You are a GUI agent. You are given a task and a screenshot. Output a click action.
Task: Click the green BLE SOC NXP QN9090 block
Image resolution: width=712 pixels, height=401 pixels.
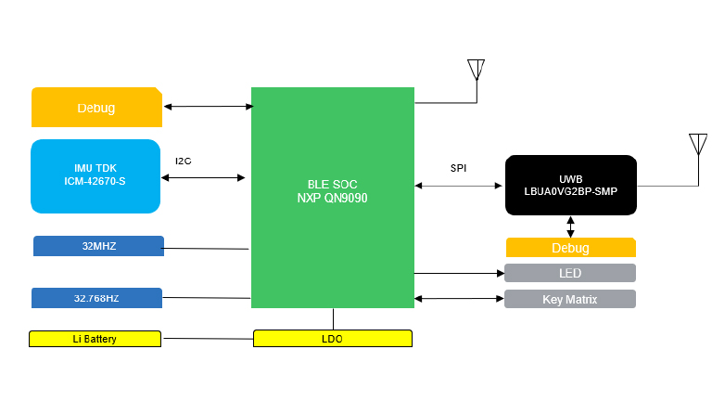point(332,197)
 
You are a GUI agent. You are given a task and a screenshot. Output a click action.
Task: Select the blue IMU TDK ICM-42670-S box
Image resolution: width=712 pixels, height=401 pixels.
point(95,175)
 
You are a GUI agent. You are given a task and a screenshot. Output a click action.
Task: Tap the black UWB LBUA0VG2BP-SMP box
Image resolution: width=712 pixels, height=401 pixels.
point(570,185)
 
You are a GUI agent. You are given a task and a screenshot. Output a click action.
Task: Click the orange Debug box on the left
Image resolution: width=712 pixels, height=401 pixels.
point(96,108)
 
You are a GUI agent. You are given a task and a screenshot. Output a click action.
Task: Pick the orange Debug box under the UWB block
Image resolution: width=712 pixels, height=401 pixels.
point(570,248)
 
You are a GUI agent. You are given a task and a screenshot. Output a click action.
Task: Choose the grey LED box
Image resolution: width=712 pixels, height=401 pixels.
point(570,273)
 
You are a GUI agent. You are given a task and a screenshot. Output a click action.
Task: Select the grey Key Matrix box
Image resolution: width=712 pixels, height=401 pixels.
point(570,299)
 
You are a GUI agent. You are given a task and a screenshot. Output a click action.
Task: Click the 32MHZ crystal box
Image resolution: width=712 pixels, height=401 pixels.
point(98,246)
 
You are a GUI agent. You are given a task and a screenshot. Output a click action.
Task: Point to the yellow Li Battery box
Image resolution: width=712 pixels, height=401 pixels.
point(95,339)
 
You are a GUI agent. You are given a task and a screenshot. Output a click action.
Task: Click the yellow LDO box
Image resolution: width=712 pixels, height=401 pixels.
point(332,339)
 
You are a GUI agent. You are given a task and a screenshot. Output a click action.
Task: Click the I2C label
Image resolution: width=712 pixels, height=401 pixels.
point(184,161)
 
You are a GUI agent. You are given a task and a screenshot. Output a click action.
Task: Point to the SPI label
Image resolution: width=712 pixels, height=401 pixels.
point(459,168)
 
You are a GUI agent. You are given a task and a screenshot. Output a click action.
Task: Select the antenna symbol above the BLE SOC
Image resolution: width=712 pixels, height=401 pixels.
point(476,71)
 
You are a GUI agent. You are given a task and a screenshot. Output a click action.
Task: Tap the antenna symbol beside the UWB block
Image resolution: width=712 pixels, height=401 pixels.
point(698,145)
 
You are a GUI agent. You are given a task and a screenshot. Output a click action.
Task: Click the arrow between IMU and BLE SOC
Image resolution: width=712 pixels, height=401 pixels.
point(203,177)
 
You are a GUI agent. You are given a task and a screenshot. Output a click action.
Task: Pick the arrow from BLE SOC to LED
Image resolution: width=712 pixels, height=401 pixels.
point(459,273)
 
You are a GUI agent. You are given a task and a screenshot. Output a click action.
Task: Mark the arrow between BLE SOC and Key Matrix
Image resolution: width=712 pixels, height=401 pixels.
point(459,299)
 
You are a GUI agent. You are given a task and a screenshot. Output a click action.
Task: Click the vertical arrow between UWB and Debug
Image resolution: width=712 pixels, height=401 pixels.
point(570,226)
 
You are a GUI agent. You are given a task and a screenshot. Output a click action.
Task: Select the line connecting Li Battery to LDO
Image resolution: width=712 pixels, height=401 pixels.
point(207,339)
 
